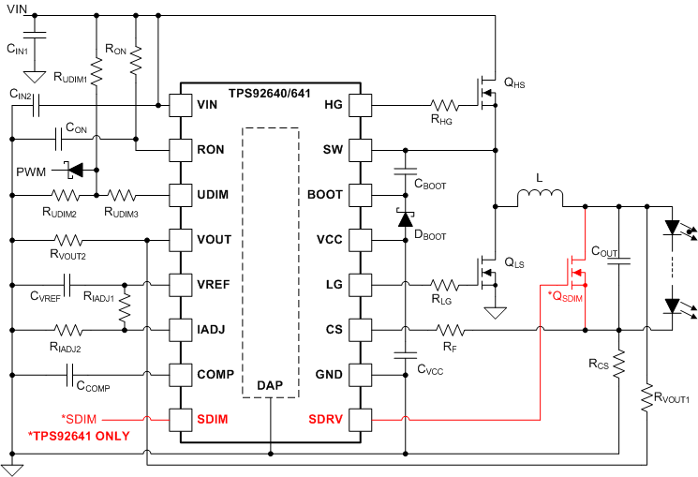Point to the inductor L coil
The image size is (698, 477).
click(x=540, y=198)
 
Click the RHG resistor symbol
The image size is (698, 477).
click(x=445, y=104)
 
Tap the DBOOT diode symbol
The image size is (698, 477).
click(x=406, y=217)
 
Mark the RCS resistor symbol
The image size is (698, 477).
click(x=619, y=364)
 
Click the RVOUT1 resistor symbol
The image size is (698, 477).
click(x=647, y=399)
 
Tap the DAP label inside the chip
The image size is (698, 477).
click(x=270, y=385)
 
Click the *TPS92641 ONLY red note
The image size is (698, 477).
click(x=80, y=437)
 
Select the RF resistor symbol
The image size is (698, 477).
click(x=451, y=329)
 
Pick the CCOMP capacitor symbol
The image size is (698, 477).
click(x=71, y=374)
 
